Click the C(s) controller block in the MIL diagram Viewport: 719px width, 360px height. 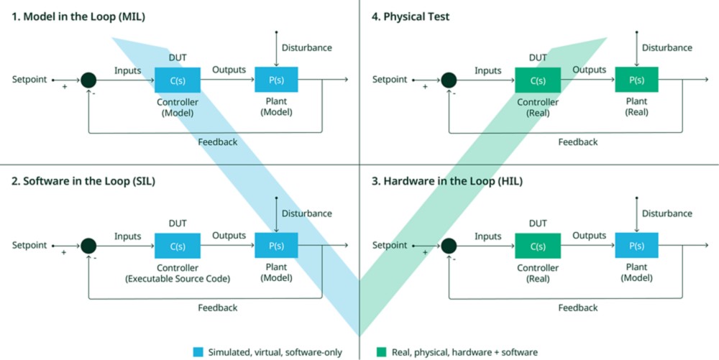coord(178,79)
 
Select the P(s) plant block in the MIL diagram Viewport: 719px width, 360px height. coord(276,79)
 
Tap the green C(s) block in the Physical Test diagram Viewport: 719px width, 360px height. coord(537,79)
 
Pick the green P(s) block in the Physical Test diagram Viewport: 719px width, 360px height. coord(636,79)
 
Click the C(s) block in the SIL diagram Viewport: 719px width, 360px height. coord(178,245)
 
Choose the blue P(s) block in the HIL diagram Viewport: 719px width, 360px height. coord(636,245)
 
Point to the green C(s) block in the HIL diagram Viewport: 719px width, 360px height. coord(537,245)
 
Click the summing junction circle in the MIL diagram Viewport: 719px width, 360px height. coord(88,80)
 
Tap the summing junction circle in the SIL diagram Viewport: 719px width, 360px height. coord(88,246)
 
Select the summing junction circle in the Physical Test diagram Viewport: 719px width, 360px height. coord(449,80)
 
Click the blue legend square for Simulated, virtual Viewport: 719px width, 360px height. coord(198,352)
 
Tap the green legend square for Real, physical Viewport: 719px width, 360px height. coord(381,352)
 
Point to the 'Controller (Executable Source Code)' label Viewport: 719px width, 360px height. coord(178,273)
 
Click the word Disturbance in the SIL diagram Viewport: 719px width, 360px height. coord(306,213)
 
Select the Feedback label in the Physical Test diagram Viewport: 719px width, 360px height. coord(577,142)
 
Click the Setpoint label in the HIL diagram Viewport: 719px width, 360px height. coord(390,245)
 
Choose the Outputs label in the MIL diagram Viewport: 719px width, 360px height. coord(229,70)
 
